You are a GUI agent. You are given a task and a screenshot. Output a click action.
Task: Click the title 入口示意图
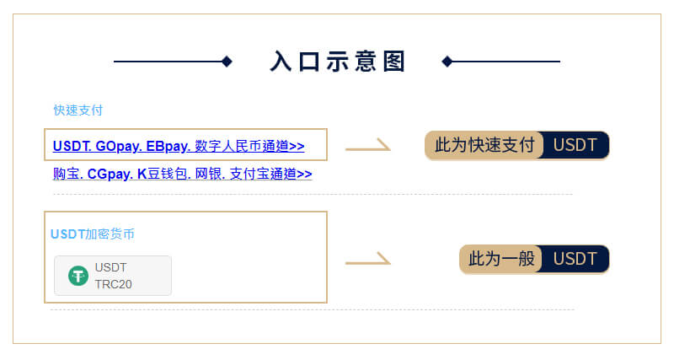[338, 61]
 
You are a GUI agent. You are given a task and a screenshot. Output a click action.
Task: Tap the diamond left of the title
[227, 62]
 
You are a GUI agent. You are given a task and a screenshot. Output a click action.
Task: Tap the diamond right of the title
[447, 62]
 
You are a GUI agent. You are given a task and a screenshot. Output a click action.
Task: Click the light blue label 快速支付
[78, 110]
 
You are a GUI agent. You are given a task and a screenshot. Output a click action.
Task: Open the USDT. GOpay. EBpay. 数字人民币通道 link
[179, 146]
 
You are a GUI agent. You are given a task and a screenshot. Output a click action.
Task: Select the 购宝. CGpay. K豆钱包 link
[182, 174]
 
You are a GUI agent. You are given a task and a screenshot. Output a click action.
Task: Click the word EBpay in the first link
[168, 146]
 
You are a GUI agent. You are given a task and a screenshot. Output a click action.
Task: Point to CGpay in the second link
[110, 174]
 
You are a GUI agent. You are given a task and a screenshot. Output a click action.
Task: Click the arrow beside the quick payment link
[368, 145]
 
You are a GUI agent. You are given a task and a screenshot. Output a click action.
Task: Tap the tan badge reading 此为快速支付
[484, 145]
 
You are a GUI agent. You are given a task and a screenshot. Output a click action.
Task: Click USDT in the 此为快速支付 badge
[575, 145]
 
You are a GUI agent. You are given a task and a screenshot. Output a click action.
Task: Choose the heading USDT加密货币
[93, 234]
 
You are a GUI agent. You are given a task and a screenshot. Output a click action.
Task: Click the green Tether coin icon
[78, 276]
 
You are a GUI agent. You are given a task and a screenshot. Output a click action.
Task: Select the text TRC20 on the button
[114, 284]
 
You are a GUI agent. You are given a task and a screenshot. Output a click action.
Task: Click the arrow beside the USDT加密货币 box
[368, 259]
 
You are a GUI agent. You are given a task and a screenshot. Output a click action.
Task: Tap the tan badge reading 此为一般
[501, 259]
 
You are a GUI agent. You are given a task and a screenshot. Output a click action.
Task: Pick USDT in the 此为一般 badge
[575, 259]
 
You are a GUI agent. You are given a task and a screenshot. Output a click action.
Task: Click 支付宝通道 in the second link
[270, 174]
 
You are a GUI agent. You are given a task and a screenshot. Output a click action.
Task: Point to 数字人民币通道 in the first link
[249, 146]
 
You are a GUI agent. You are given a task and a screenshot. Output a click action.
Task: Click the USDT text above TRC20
[111, 267]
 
